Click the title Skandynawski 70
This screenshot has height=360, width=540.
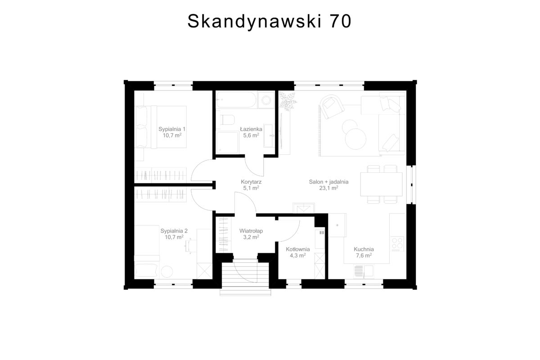269,21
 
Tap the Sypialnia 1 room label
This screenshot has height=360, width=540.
172,129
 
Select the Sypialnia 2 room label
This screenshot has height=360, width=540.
174,231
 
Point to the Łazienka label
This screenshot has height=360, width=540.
251,129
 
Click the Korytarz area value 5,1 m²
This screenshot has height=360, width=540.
251,188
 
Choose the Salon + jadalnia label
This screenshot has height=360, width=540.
328,182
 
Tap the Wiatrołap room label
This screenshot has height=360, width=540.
251,231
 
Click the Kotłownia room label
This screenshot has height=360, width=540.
298,249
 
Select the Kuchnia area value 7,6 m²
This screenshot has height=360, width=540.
364,255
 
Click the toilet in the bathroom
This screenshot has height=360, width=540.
227,120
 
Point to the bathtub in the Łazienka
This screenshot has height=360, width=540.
236,99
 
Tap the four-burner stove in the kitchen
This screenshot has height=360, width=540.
397,243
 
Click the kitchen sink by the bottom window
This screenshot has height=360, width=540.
364,271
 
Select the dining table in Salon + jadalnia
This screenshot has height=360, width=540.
382,184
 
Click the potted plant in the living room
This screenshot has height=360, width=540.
288,102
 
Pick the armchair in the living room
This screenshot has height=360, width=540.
332,107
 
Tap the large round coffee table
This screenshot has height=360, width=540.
355,139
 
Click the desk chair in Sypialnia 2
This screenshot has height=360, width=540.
189,246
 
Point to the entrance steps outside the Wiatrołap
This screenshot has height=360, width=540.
245,277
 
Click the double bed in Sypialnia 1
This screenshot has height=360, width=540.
161,127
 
